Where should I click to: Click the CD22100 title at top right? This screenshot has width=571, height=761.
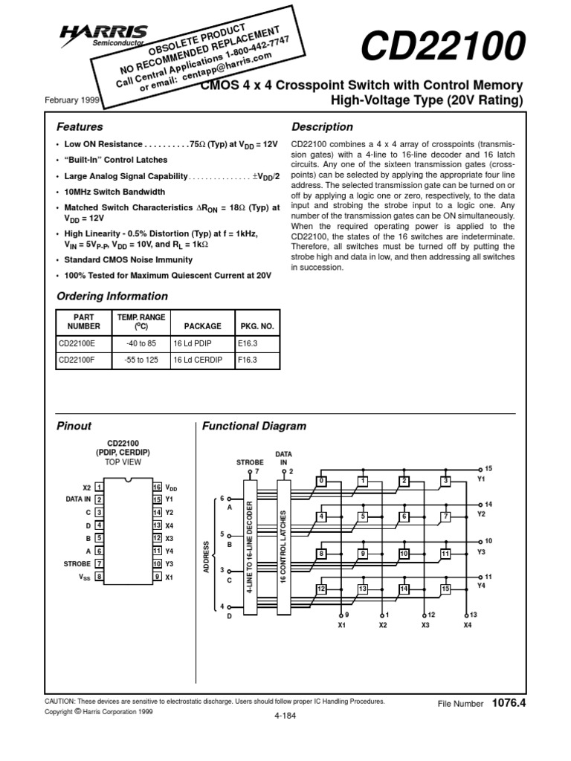(x=442, y=48)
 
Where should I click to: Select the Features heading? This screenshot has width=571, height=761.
(x=80, y=127)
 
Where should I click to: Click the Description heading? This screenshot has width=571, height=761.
(x=322, y=127)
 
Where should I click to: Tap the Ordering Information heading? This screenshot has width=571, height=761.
(x=112, y=296)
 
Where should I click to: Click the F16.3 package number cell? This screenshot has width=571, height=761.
(x=247, y=359)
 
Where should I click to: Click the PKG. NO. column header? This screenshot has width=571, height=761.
(x=257, y=326)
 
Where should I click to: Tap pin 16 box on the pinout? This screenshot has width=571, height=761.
(x=157, y=487)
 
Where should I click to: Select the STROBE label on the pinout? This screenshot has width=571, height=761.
(x=77, y=563)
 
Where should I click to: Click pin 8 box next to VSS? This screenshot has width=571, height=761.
(x=99, y=576)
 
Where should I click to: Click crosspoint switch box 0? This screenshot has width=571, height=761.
(x=321, y=480)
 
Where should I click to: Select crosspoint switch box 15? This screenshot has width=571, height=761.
(x=445, y=589)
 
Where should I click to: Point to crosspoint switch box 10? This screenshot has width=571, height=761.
(x=404, y=553)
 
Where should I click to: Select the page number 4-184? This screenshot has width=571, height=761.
(x=285, y=715)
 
